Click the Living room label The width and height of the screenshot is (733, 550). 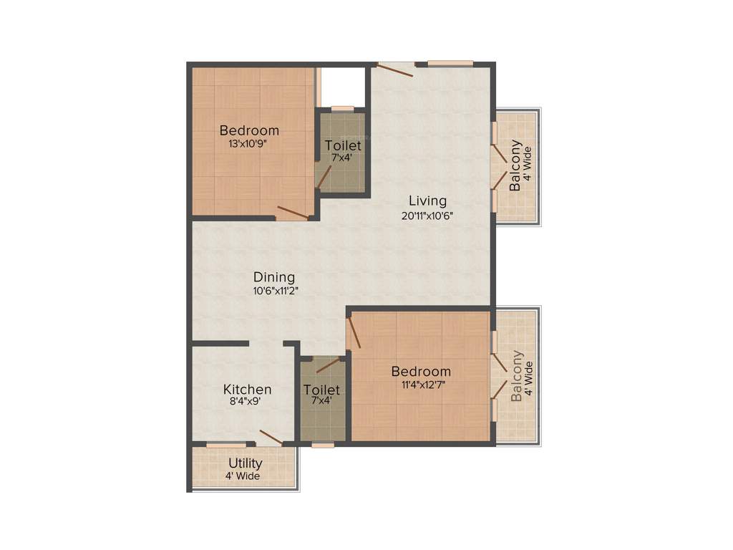point(427,201)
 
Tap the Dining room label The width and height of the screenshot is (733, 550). point(274,277)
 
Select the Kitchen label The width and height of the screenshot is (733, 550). point(248,390)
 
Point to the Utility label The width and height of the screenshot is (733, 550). point(245,463)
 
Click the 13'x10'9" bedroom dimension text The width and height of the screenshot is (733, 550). point(248,143)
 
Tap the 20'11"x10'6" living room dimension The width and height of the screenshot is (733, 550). point(428,215)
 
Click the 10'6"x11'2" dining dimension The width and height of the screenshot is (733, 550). point(274,291)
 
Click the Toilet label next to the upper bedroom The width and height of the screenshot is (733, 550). point(343,145)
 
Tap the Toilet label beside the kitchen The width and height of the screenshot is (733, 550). point(321,390)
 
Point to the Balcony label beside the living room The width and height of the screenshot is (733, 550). point(515,166)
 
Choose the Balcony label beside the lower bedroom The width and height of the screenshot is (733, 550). point(517,376)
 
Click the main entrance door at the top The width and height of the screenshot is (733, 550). point(396,69)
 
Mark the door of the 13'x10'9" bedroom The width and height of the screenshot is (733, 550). point(293,213)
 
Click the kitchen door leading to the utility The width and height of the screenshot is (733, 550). point(271,438)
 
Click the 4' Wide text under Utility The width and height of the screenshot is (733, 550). point(245,476)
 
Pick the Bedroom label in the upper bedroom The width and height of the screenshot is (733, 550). point(249,130)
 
